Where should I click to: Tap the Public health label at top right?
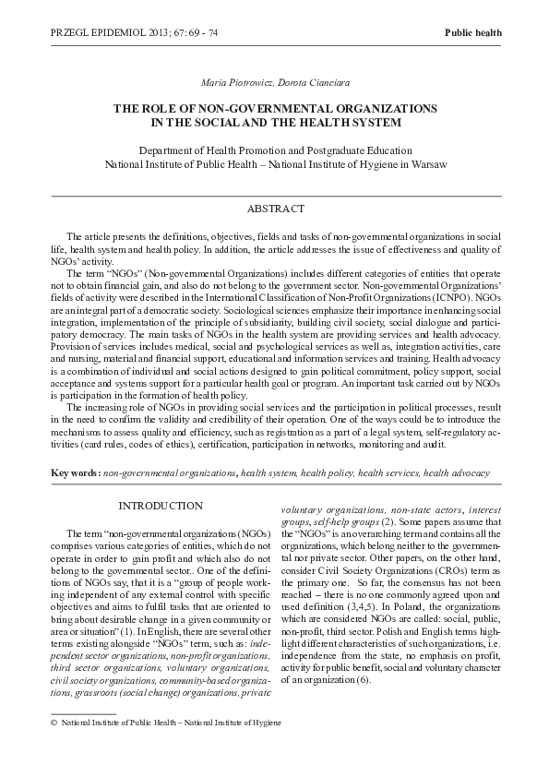(473, 32)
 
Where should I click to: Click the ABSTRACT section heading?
(274, 209)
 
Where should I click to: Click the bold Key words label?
(75, 472)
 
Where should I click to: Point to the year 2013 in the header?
(154, 32)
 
